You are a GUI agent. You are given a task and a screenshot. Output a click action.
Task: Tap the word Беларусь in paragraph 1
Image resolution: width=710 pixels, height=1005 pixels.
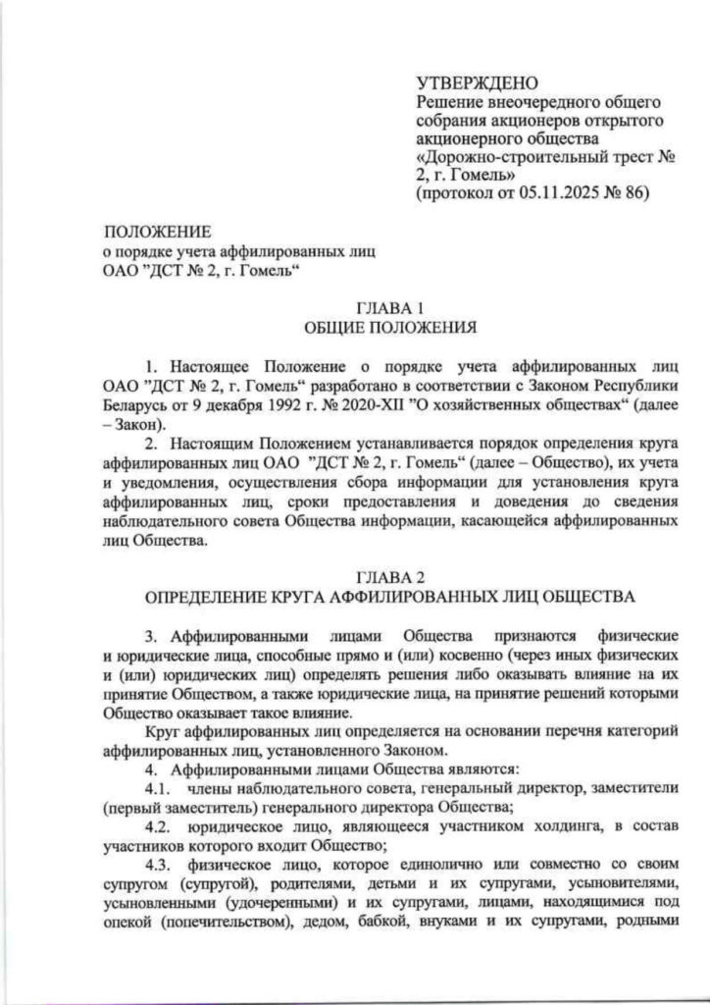pos(128,404)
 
